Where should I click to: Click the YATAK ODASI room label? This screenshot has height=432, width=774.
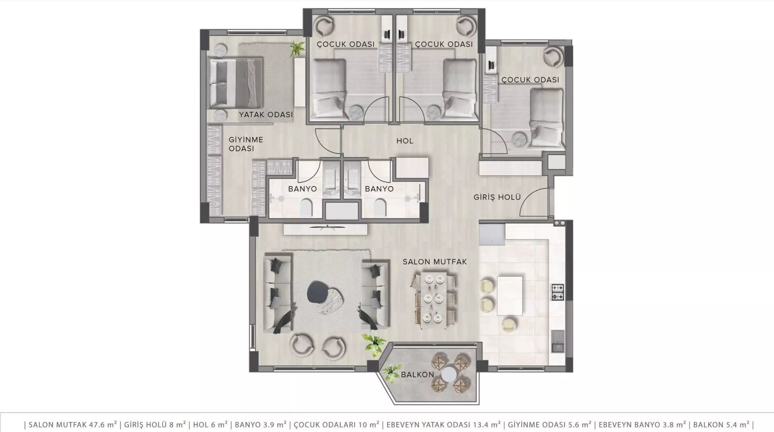(x=266, y=114)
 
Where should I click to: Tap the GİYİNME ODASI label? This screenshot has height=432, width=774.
(x=246, y=144)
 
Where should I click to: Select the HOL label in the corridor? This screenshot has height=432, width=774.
(x=405, y=141)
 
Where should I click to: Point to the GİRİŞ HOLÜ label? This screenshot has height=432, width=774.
(x=497, y=197)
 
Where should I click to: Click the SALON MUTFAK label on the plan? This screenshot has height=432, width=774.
(x=435, y=262)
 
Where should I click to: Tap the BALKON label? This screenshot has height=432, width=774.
(x=417, y=375)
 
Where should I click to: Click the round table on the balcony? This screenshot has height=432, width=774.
(x=449, y=375)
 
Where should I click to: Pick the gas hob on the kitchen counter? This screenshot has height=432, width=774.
(x=558, y=292)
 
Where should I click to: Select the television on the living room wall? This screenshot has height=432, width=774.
(x=327, y=228)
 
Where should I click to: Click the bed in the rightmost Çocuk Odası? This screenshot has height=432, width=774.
(x=546, y=117)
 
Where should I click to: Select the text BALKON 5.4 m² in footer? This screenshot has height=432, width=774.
(x=719, y=424)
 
